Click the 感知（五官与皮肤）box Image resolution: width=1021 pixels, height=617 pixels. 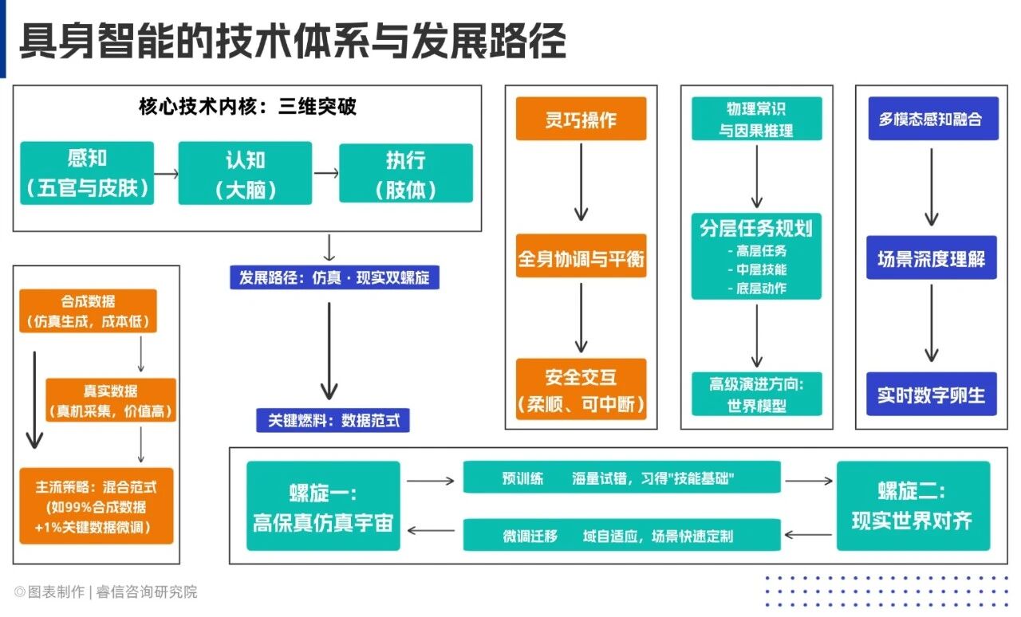pyautogui.click(x=87, y=173)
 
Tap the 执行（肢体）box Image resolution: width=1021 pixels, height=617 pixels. pyautogui.click(x=405, y=173)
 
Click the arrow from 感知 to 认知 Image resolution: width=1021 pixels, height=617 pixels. pyautogui.click(x=166, y=173)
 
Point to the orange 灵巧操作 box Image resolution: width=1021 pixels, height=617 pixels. pyautogui.click(x=581, y=119)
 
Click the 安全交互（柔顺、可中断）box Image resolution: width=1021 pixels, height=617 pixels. pyautogui.click(x=581, y=389)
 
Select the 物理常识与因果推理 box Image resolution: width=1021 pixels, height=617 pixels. pyautogui.click(x=756, y=119)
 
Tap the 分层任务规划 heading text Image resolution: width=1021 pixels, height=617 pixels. pyautogui.click(x=756, y=229)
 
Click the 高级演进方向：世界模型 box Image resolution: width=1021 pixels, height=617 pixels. pyautogui.click(x=756, y=394)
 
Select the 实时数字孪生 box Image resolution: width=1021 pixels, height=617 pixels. pyautogui.click(x=932, y=394)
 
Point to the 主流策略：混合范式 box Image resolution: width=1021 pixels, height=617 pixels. pyautogui.click(x=97, y=506)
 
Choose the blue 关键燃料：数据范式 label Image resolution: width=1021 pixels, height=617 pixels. pyautogui.click(x=333, y=420)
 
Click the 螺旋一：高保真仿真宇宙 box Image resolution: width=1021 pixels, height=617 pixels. pyautogui.click(x=323, y=506)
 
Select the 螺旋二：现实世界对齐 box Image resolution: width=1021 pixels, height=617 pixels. pyautogui.click(x=913, y=506)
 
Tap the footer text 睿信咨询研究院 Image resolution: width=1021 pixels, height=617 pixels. pyautogui.click(x=147, y=592)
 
